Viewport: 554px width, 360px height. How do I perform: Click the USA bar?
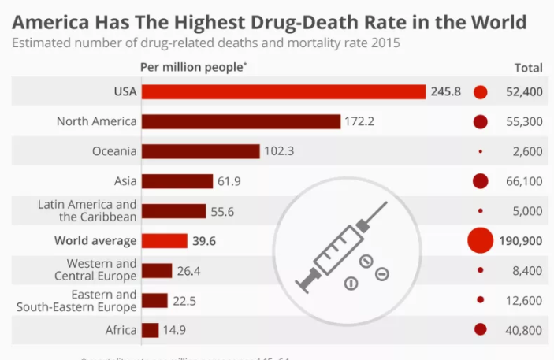[284, 92]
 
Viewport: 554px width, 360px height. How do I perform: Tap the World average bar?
[164, 241]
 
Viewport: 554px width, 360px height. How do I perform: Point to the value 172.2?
[359, 122]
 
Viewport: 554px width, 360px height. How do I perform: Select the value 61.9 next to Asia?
[229, 181]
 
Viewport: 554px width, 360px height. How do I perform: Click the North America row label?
[97, 121]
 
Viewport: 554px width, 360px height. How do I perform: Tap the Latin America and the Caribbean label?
[87, 210]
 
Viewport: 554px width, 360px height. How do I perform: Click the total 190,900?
[520, 241]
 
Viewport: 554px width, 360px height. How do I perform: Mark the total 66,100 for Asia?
[524, 181]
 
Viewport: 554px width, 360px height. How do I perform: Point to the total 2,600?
[527, 151]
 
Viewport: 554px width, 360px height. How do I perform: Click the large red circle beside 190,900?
[480, 241]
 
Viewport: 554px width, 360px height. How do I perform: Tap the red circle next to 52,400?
[481, 92]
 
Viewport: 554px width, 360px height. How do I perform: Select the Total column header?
[528, 67]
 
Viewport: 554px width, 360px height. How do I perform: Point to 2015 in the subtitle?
[383, 43]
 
